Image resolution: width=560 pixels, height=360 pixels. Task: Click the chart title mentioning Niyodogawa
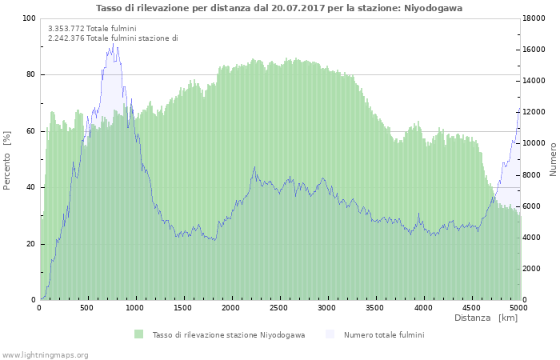[279, 8]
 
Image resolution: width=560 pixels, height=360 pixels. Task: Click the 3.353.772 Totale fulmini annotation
[92, 29]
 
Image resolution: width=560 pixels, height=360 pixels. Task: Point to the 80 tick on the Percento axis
[30, 75]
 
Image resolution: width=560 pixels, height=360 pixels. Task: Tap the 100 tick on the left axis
[29, 18]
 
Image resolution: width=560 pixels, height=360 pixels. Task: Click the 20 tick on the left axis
[30, 244]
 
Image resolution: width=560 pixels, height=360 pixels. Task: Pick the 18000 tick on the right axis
[534, 18]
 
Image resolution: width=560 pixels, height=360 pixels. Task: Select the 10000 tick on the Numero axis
[534, 144]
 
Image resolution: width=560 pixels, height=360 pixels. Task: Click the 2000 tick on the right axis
[532, 269]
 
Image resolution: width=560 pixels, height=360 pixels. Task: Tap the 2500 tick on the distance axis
[279, 307]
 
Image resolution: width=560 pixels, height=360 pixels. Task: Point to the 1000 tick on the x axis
[135, 307]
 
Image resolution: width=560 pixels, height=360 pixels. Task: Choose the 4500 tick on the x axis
[470, 307]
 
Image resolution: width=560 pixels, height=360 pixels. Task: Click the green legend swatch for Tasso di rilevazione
[139, 334]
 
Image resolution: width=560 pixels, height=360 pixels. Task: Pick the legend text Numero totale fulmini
[384, 334]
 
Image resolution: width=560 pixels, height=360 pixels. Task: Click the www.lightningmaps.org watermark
[46, 354]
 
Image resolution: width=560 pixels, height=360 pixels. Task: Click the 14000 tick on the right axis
[534, 82]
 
